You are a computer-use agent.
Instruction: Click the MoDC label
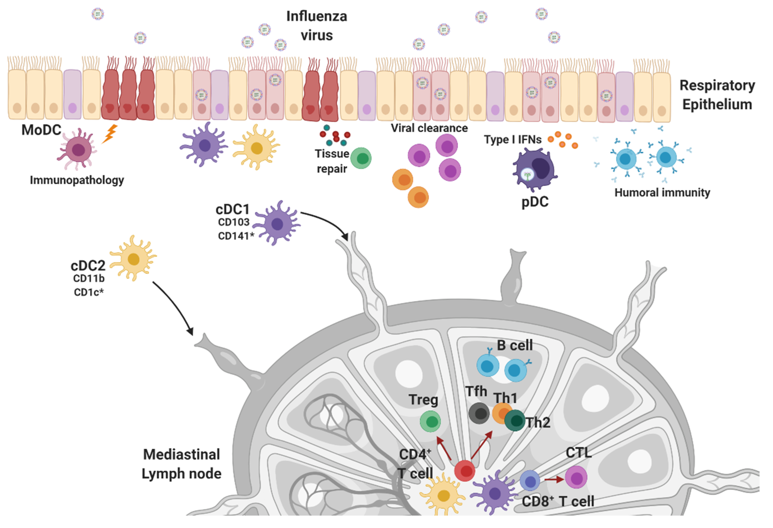41,130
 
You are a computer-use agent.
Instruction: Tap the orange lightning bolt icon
110,134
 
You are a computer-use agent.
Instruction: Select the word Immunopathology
77,180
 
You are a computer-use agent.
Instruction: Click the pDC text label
535,202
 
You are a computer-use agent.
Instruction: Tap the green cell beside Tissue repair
361,158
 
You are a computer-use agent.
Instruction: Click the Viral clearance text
429,128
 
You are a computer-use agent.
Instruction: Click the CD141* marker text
236,236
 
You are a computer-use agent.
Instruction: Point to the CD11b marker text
89,279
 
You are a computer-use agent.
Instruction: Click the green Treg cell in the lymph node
430,422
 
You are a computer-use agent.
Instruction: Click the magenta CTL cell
576,477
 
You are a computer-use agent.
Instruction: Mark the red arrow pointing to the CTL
554,479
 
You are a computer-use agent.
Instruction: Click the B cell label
515,346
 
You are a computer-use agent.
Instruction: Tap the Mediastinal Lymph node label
182,464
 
